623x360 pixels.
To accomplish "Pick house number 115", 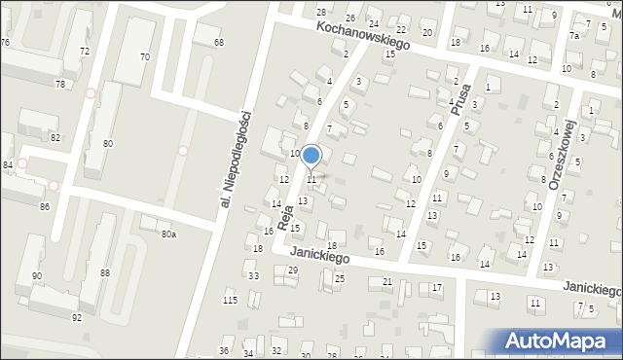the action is coord(231,299).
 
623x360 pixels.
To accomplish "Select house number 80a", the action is coord(168,234).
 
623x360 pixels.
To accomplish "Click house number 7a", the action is coord(574,36).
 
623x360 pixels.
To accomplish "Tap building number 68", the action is coord(218,43).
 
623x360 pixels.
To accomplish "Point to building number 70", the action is coord(144,57).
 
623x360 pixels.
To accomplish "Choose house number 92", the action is coord(77,318).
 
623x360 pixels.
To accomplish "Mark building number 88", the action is coord(104,273).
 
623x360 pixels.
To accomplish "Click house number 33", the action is coord(253,276).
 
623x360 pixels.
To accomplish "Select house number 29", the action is coord(292,270).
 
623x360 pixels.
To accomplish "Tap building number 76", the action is coord(6,43).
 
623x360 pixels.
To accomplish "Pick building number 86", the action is coord(45,207).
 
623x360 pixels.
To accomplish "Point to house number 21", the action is coord(386,282).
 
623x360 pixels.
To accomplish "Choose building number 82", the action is coord(55,138).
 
